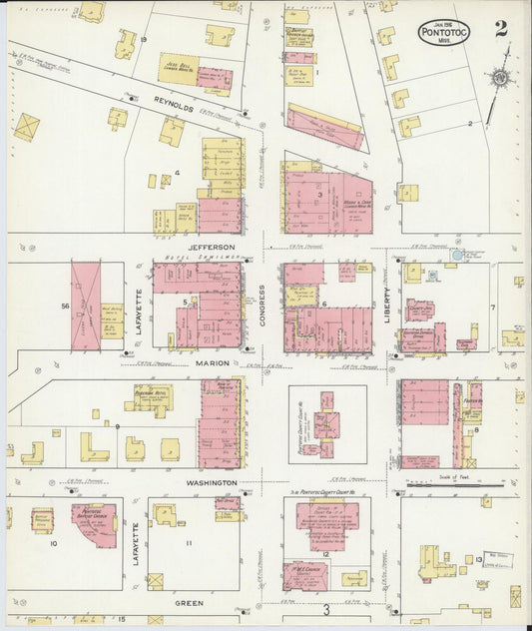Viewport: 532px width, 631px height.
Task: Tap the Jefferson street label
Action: coord(211,246)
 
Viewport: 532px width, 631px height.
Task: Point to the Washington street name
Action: coord(210,483)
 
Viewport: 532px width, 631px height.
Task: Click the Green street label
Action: coord(189,603)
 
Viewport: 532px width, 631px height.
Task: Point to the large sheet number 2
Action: coord(500,27)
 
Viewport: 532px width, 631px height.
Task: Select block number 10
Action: coord(54,544)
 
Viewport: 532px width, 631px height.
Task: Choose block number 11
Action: coord(189,543)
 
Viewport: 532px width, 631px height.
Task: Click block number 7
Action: coord(492,308)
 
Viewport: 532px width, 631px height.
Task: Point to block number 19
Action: coord(144,39)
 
